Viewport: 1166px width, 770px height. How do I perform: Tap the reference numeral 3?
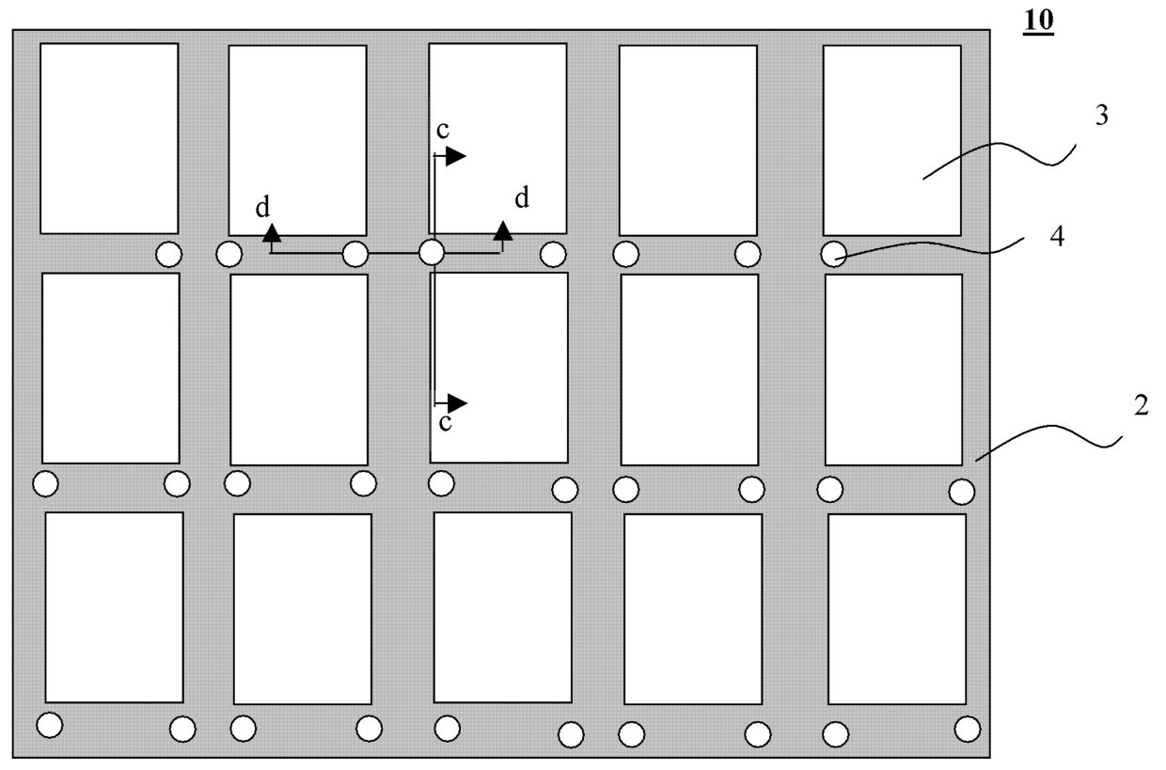1101,118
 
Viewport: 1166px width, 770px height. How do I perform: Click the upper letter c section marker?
442,133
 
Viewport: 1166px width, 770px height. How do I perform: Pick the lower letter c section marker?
445,422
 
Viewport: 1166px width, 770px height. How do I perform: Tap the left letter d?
263,208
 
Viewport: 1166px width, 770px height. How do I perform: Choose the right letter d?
521,197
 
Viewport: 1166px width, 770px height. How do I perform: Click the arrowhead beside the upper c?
455,156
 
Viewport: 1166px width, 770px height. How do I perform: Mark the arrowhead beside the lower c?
456,403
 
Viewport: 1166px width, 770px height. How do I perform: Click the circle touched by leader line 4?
833,254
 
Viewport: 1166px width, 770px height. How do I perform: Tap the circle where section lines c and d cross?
431,252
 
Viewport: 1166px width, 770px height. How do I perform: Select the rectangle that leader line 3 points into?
891,139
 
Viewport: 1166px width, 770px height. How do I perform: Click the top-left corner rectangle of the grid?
109,138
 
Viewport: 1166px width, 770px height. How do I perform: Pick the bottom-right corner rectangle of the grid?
896,608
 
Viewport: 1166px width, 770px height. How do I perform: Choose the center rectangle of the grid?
498,368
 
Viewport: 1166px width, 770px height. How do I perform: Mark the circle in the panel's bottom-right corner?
967,729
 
